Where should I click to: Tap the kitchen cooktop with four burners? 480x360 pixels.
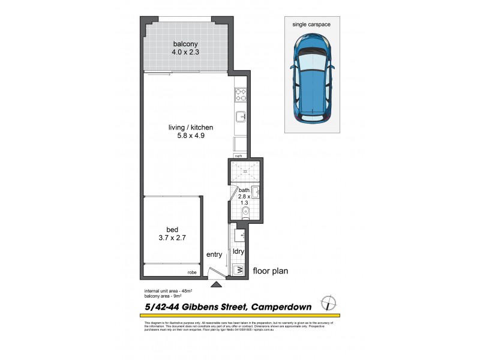point(240,94)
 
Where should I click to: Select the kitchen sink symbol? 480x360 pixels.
point(240,116)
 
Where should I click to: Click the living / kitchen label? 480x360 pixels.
point(191,127)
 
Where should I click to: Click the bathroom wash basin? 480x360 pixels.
point(256,192)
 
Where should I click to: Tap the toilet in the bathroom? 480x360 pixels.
point(236,213)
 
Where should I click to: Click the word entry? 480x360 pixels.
point(214,254)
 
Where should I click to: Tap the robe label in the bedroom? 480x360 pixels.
point(192,273)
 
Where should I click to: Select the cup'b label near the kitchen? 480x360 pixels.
point(238,156)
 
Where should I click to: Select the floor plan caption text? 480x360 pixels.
point(270,271)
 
